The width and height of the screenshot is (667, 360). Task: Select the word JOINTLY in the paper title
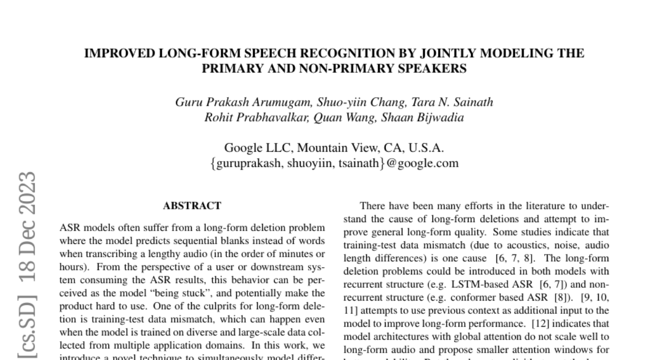pos(447,54)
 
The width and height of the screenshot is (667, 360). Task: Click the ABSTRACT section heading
pos(192,206)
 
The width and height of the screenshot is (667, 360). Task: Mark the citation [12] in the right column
pos(542,323)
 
